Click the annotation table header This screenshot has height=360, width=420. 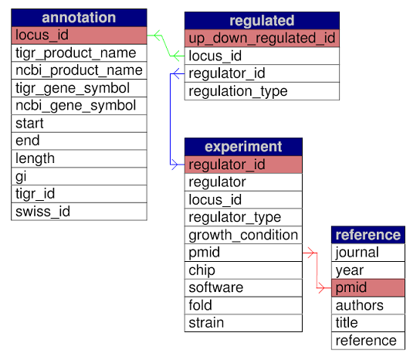coord(79,18)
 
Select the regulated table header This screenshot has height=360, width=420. coord(262,21)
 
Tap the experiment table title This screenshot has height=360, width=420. coord(243,147)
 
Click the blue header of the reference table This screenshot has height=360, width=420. coord(368,235)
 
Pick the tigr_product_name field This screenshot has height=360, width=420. coord(79,53)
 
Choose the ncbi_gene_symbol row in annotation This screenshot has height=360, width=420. coord(79,106)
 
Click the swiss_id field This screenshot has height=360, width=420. coord(79,212)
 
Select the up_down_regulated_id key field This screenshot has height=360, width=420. coord(262,38)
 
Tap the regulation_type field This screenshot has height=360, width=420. coord(262,91)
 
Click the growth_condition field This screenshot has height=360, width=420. coord(243,235)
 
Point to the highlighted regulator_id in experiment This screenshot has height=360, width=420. coord(243,165)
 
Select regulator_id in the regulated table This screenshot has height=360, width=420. coord(262,73)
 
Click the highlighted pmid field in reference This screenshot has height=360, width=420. coord(368,287)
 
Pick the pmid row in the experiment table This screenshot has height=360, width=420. coord(243,253)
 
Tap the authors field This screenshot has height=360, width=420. coord(368,305)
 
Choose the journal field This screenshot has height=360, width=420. coord(368,253)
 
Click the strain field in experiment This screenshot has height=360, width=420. coord(243,323)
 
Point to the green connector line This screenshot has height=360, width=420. coord(166,46)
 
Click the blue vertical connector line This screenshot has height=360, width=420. coord(171,119)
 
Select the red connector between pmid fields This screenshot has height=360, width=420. coord(317,270)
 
